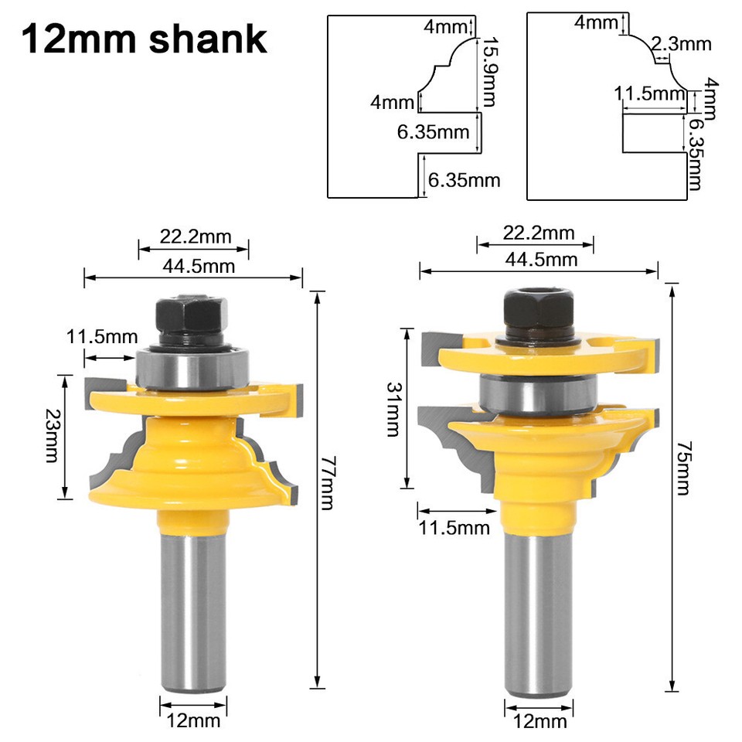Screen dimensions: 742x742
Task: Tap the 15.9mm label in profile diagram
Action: (488, 74)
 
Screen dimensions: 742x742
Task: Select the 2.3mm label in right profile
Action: (681, 44)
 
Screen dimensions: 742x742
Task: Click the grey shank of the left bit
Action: (194, 611)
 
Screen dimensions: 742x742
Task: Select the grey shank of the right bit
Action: (539, 611)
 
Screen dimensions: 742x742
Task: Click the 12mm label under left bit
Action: (194, 721)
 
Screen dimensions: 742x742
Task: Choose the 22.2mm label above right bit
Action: (539, 233)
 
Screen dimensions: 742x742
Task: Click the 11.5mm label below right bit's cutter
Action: (454, 528)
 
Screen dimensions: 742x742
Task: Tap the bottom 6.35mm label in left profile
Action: (464, 181)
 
